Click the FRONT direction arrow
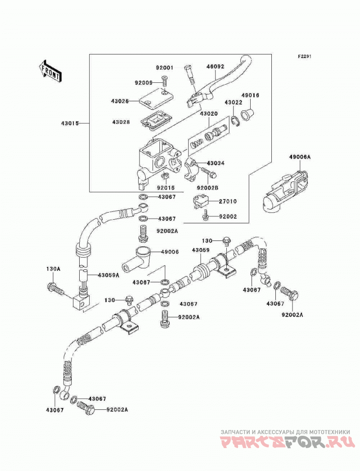coord(50,71)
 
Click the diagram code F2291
coord(305,56)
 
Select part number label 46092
coord(215,67)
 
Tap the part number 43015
coord(70,123)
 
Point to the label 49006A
coord(300,157)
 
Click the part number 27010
coord(227,201)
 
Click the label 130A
coord(53,269)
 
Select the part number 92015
coord(166,188)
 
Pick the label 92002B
coord(207,188)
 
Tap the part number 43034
coord(216,163)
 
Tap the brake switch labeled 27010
coord(202,202)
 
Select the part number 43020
coord(209,114)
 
